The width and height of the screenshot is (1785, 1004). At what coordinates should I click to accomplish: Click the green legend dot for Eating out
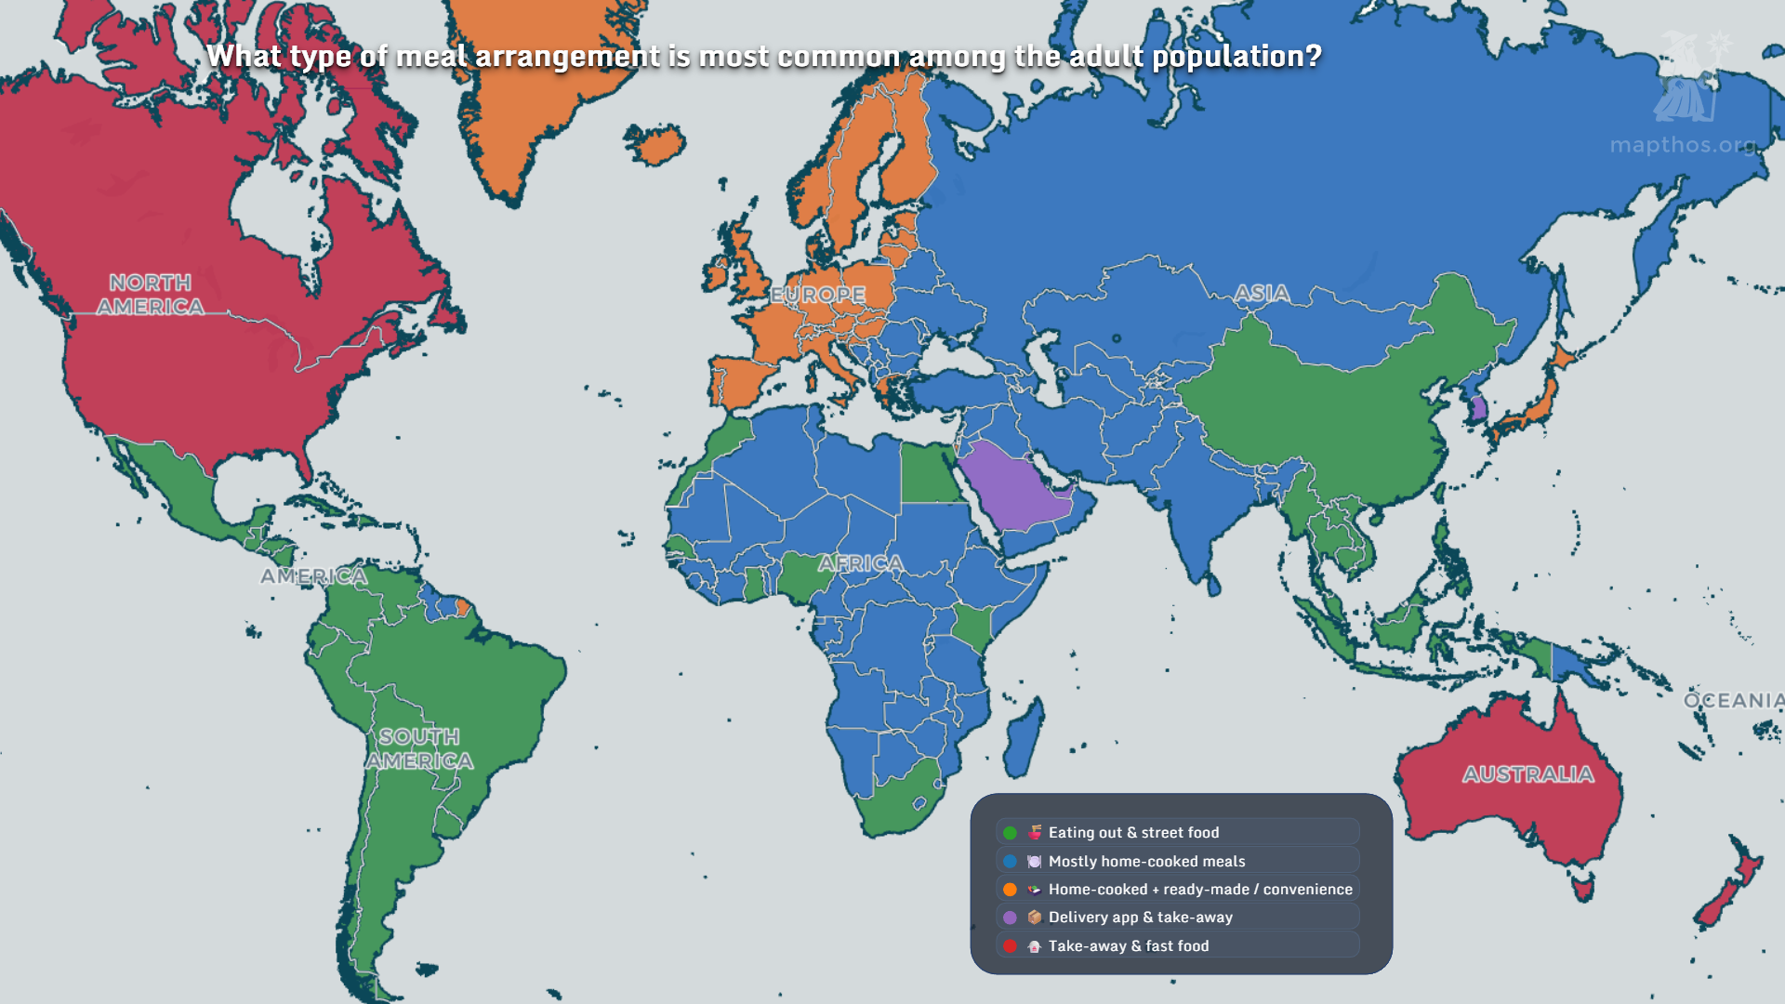point(1010,833)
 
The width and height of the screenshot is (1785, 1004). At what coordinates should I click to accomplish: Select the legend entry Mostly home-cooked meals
point(1146,862)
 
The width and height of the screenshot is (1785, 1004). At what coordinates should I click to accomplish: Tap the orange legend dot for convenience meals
point(1010,890)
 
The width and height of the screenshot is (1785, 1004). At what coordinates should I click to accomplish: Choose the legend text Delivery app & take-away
point(1140,918)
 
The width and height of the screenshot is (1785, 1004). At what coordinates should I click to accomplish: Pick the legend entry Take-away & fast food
point(1128,946)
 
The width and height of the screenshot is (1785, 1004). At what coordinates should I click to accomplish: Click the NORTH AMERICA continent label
point(151,295)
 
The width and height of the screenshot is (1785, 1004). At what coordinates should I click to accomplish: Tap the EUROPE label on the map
point(818,295)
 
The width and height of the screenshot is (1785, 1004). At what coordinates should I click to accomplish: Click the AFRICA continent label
point(861,563)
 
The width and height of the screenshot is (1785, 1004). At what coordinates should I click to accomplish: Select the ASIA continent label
point(1262,294)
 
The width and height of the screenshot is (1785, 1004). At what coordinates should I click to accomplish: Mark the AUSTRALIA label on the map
point(1527,774)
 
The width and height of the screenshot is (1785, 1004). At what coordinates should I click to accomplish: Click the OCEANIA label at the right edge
point(1733,700)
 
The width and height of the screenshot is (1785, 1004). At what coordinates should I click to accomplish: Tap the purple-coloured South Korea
point(1478,407)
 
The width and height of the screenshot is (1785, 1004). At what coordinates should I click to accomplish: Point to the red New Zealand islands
point(1729,892)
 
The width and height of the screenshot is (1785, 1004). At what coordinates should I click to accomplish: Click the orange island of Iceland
point(656,144)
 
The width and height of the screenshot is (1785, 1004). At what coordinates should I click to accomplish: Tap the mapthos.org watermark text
point(1683,145)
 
